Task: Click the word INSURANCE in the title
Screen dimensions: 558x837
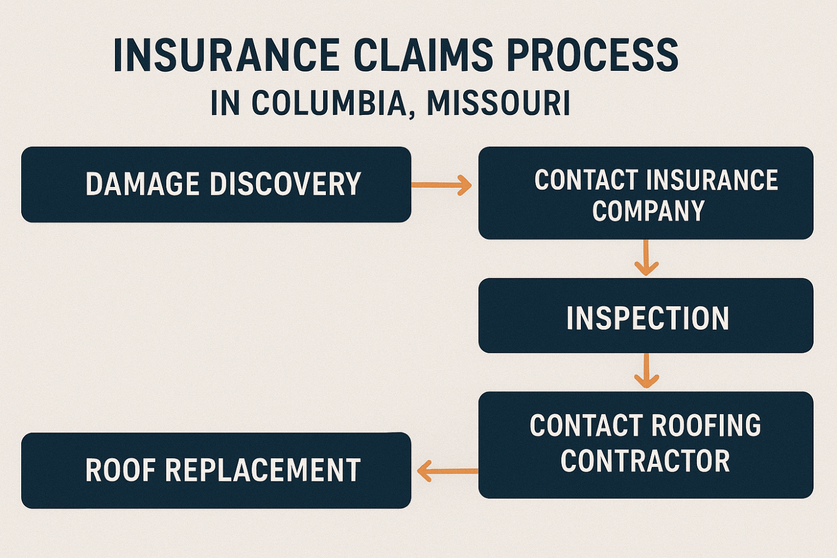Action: (226, 56)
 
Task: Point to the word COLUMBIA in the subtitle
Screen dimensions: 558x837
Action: (329, 103)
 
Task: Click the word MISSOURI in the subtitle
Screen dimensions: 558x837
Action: (498, 103)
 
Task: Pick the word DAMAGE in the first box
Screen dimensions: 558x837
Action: (142, 184)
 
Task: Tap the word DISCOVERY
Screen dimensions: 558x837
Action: (285, 184)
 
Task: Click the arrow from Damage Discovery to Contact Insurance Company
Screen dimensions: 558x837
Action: (441, 185)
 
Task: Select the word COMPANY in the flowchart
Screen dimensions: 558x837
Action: (648, 211)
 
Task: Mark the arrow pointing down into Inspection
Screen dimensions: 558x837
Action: (646, 258)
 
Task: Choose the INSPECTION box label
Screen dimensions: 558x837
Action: (647, 318)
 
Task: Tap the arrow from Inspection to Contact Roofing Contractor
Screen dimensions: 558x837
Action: (646, 371)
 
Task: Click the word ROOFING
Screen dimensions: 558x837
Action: (706, 426)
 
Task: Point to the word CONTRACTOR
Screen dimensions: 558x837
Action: (645, 461)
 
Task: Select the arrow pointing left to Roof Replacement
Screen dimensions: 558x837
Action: (446, 471)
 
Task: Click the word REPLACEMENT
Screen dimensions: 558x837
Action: (263, 470)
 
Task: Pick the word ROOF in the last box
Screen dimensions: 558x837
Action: (120, 470)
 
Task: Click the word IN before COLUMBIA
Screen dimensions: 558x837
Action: (225, 103)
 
